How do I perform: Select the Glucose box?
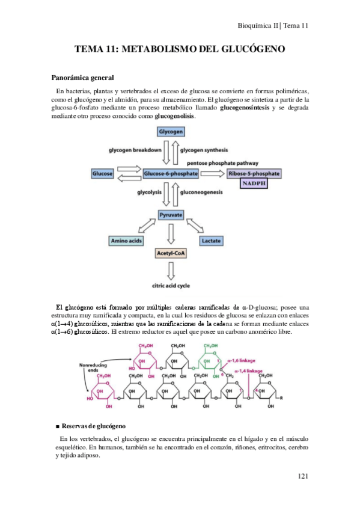[x=103, y=173]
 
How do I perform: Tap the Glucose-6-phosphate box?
[x=171, y=173]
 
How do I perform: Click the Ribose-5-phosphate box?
[x=254, y=173]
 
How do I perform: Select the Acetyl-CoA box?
[x=171, y=254]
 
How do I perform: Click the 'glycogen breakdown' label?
[x=135, y=149]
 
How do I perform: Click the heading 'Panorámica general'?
[x=82, y=78]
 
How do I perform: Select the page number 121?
[x=302, y=476]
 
